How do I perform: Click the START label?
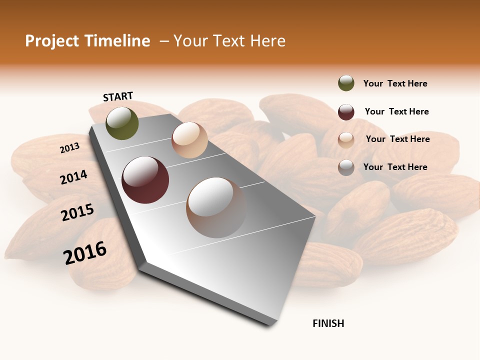(x=118, y=96)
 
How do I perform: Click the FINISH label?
(x=328, y=323)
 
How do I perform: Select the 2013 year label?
(x=70, y=148)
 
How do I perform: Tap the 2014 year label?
(x=74, y=177)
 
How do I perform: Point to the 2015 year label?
(x=77, y=212)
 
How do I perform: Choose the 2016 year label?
(x=85, y=252)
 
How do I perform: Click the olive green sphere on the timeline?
(x=122, y=123)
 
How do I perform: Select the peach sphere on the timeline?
(x=189, y=140)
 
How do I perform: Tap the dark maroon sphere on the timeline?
(x=145, y=180)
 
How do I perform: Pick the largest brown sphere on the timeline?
(x=216, y=207)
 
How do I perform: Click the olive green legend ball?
(x=346, y=83)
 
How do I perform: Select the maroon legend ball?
(x=346, y=112)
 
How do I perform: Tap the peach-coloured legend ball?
(x=346, y=140)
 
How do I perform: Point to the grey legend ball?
(x=346, y=167)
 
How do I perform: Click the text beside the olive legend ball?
(x=395, y=83)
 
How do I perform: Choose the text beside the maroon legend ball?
(x=396, y=111)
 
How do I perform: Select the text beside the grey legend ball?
(x=395, y=167)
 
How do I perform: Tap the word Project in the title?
(x=52, y=41)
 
